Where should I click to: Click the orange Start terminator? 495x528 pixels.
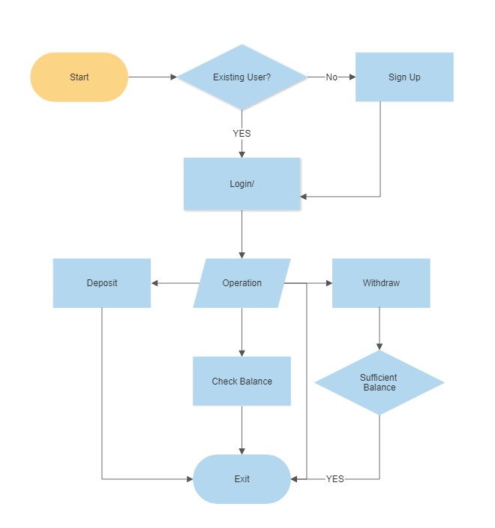click(79, 77)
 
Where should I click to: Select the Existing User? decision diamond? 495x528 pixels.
click(241, 77)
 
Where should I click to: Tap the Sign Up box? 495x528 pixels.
click(404, 77)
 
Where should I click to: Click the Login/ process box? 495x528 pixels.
click(241, 184)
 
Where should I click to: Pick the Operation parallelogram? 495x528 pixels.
click(241, 283)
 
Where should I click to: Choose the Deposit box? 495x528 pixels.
click(101, 283)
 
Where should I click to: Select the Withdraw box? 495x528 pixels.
click(381, 283)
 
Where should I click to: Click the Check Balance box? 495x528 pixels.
click(241, 381)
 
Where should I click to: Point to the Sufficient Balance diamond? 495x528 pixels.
click(379, 382)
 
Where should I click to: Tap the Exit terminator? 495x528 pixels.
click(241, 478)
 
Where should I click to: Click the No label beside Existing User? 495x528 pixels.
click(331, 77)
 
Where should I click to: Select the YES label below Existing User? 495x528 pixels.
click(241, 133)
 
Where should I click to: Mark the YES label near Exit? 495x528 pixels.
click(334, 478)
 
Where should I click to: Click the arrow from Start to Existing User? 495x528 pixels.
click(152, 77)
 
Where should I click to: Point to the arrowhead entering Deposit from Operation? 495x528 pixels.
click(155, 283)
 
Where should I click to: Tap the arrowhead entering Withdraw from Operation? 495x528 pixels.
click(328, 283)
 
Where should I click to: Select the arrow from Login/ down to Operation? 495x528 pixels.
click(241, 234)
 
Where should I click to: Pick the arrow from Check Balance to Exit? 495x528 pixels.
click(241, 430)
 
